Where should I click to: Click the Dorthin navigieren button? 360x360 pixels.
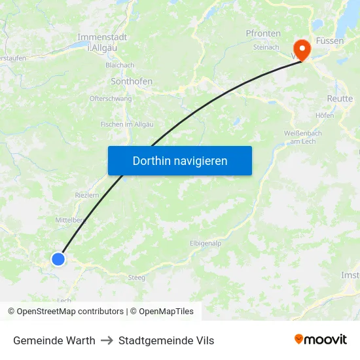(x=180, y=160)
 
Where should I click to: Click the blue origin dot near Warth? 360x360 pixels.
(x=58, y=259)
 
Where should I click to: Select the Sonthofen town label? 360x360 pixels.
(x=132, y=82)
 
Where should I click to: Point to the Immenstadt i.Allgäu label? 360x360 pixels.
(x=102, y=42)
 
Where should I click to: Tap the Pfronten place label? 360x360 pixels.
(x=263, y=33)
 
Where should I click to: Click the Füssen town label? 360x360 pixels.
(x=330, y=41)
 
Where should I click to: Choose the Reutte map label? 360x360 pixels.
(x=340, y=98)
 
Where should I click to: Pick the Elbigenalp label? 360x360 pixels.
(x=206, y=243)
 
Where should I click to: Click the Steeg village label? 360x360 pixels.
(x=137, y=278)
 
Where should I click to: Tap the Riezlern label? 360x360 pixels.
(x=87, y=195)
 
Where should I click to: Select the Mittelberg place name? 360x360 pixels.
(x=71, y=221)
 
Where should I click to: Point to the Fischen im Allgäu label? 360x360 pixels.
(x=127, y=124)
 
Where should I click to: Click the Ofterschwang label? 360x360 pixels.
(x=111, y=99)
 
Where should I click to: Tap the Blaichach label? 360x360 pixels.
(x=120, y=65)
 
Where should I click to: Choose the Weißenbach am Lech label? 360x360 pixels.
(x=302, y=137)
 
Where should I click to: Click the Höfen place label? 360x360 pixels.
(x=324, y=115)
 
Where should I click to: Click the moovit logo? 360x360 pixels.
(x=321, y=340)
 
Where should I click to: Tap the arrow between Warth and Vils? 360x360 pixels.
(x=107, y=340)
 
